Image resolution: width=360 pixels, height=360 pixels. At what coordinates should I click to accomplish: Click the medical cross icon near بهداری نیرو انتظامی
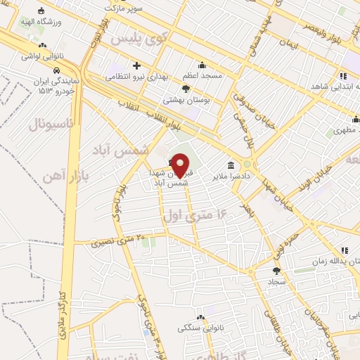pyautogui.click(x=137, y=65)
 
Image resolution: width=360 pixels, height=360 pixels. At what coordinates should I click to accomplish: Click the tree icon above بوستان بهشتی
pyautogui.click(x=186, y=89)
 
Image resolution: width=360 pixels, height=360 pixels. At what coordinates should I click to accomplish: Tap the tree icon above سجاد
pyautogui.click(x=276, y=270)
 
